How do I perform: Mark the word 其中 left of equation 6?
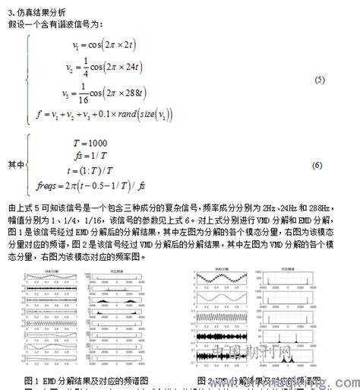(x=16, y=164)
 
